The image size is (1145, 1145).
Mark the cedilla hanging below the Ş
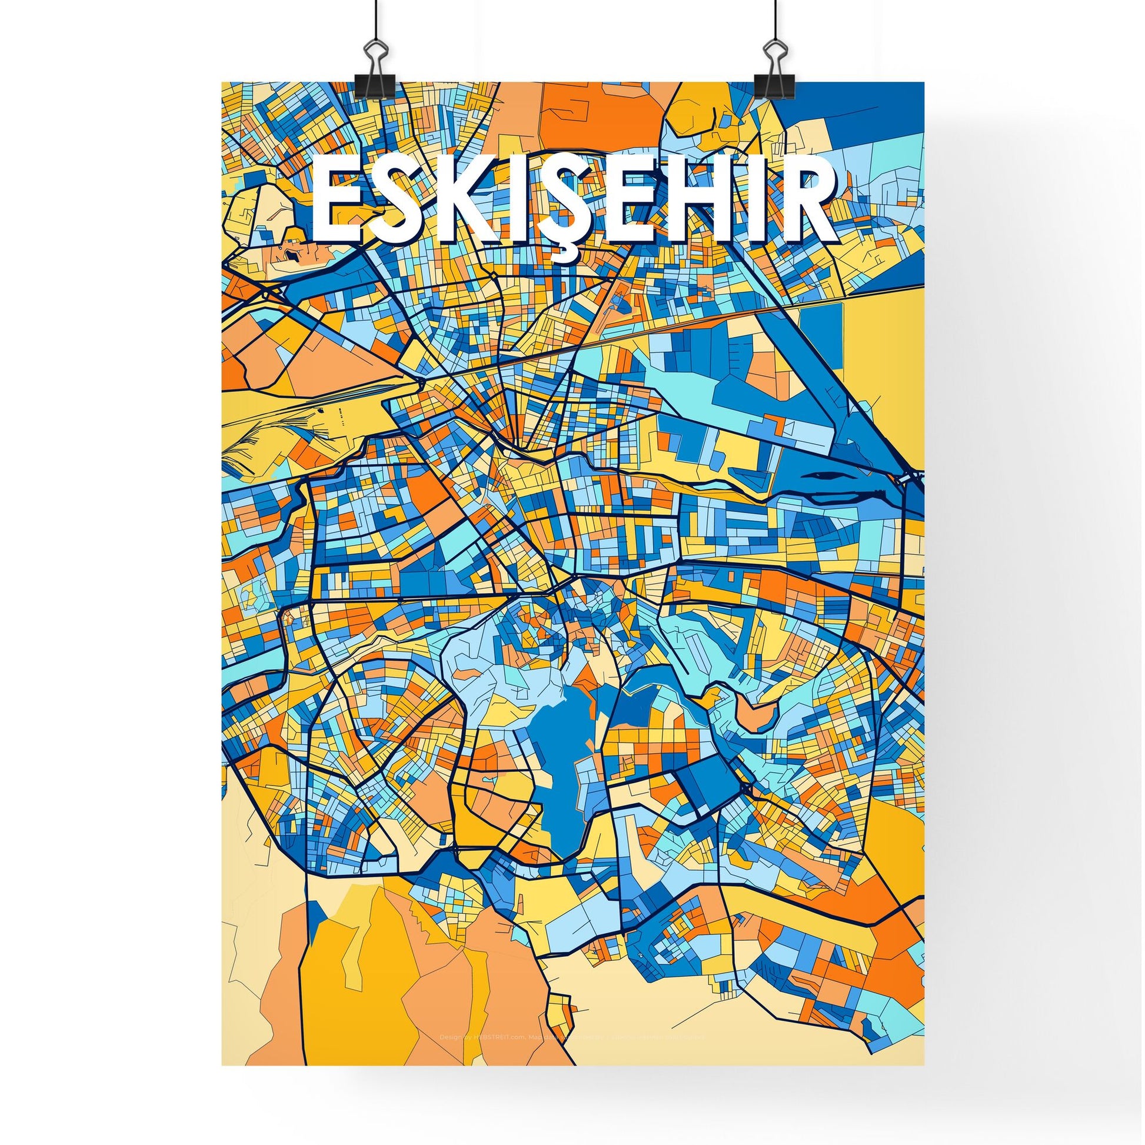click(x=562, y=254)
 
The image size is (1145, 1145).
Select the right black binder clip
click(x=770, y=74)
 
